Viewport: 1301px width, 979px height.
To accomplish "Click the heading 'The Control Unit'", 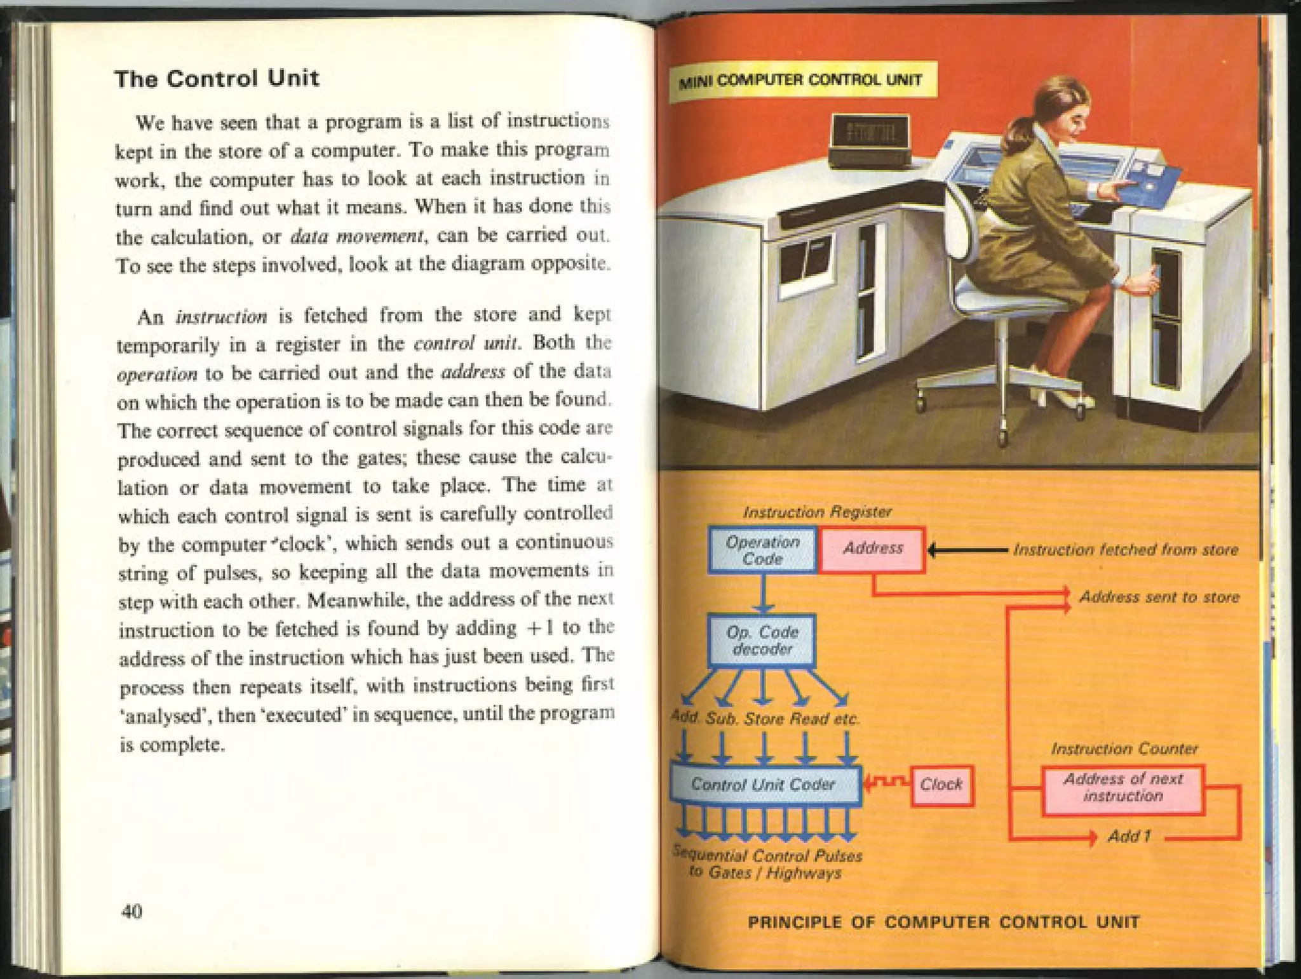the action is [217, 79].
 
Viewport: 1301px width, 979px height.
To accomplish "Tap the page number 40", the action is [131, 911].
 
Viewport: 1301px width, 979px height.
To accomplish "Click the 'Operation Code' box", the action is [762, 550].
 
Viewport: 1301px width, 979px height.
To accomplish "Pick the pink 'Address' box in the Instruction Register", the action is [872, 549].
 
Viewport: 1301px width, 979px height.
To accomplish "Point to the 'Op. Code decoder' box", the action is [762, 640].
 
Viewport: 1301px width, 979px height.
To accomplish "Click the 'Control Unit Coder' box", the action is [763, 785].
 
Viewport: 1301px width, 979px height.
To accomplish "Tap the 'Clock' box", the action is [941, 785].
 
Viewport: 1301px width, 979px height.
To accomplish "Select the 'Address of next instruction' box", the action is [1122, 788].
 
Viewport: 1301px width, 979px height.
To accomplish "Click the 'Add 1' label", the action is [1129, 836].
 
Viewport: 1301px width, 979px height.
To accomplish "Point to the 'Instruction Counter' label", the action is [1124, 749].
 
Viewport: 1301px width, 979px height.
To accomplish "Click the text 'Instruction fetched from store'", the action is [1125, 549].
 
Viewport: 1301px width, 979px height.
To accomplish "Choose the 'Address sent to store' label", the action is [1159, 597].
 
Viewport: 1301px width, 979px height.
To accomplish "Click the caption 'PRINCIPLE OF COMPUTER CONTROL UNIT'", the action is [943, 922].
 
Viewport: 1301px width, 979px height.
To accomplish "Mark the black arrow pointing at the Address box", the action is [967, 550].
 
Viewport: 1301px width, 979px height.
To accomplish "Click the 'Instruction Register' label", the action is [817, 512].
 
